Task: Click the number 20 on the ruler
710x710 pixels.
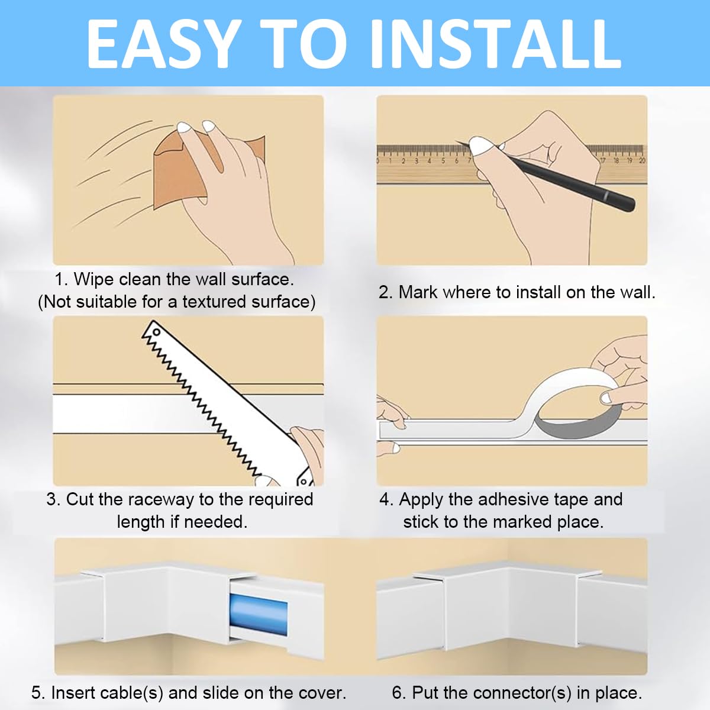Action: (643, 160)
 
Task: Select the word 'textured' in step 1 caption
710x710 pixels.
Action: (215, 302)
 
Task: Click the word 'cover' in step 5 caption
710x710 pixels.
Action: (319, 692)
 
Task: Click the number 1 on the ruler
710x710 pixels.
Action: (390, 160)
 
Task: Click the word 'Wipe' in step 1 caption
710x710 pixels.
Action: (94, 279)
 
